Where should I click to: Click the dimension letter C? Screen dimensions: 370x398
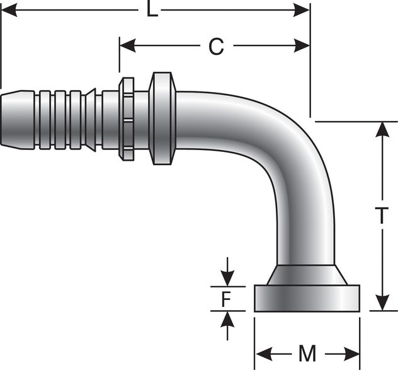pyautogui.click(x=216, y=46)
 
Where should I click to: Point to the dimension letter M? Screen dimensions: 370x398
pyautogui.click(x=307, y=354)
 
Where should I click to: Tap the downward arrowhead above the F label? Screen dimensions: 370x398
pyautogui.click(x=227, y=278)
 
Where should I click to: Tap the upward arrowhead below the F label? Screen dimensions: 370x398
pyautogui.click(x=227, y=318)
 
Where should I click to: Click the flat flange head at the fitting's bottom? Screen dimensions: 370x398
pyautogui.click(x=307, y=298)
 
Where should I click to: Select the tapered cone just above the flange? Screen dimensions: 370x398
pyautogui.click(x=307, y=275)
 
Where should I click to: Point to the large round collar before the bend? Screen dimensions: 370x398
pyautogui.click(x=162, y=119)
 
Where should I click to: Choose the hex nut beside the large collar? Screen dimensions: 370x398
pyautogui.click(x=127, y=119)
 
